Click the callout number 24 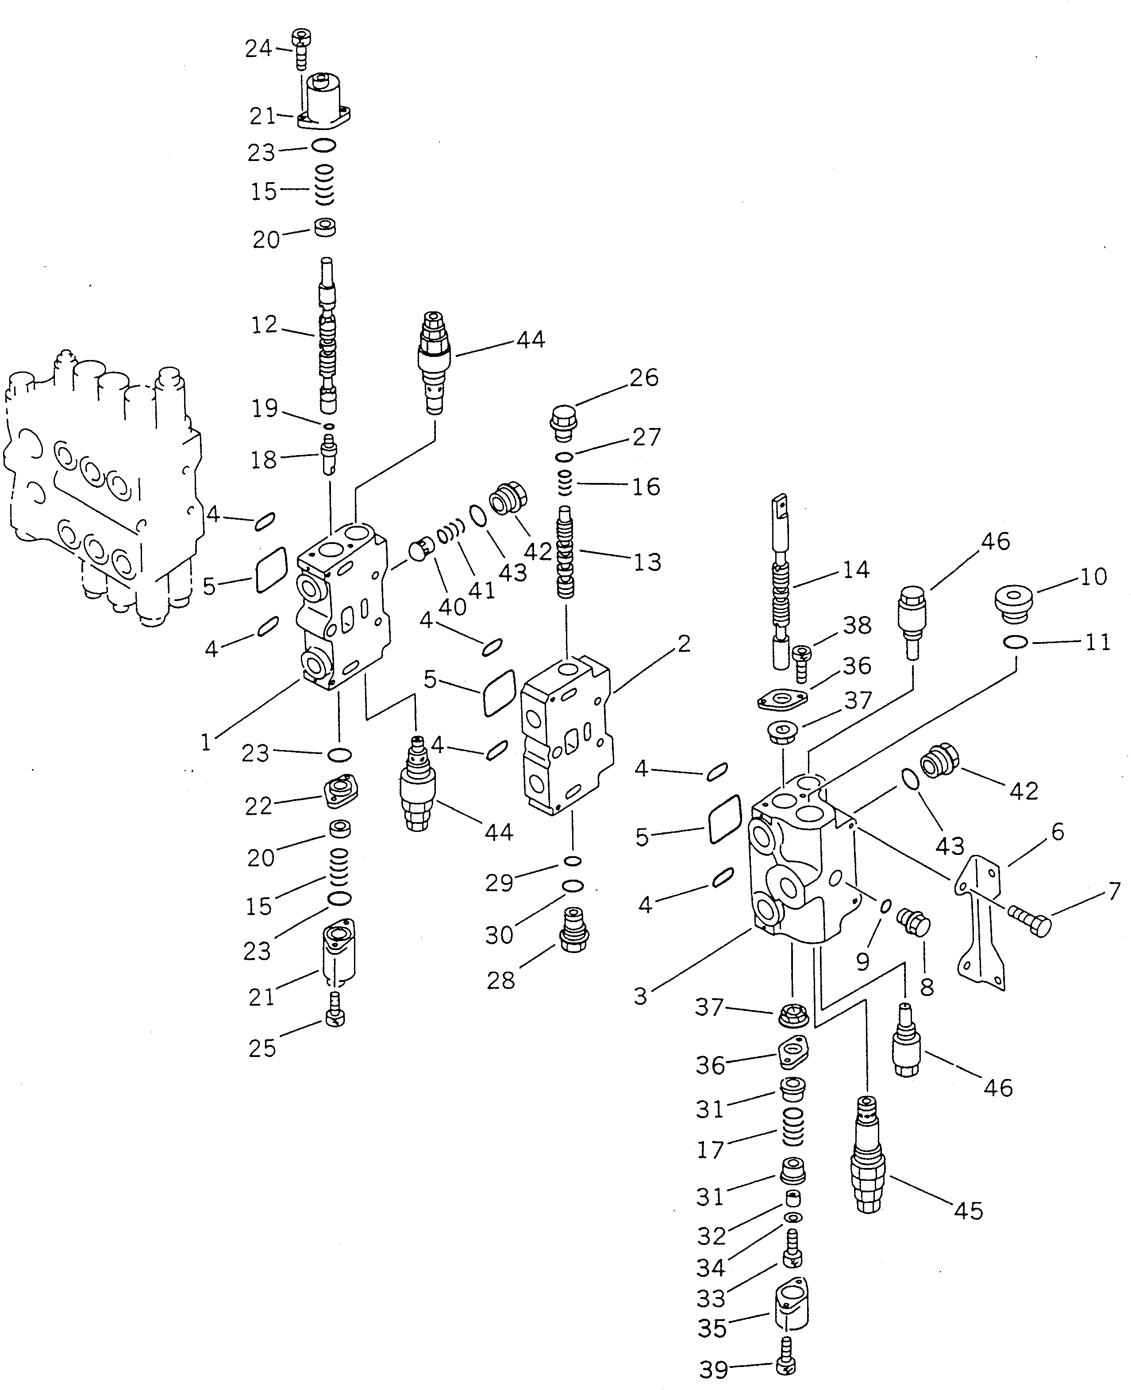258,49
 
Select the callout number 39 713,1370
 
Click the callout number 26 644,378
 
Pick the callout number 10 1093,577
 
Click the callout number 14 856,570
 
